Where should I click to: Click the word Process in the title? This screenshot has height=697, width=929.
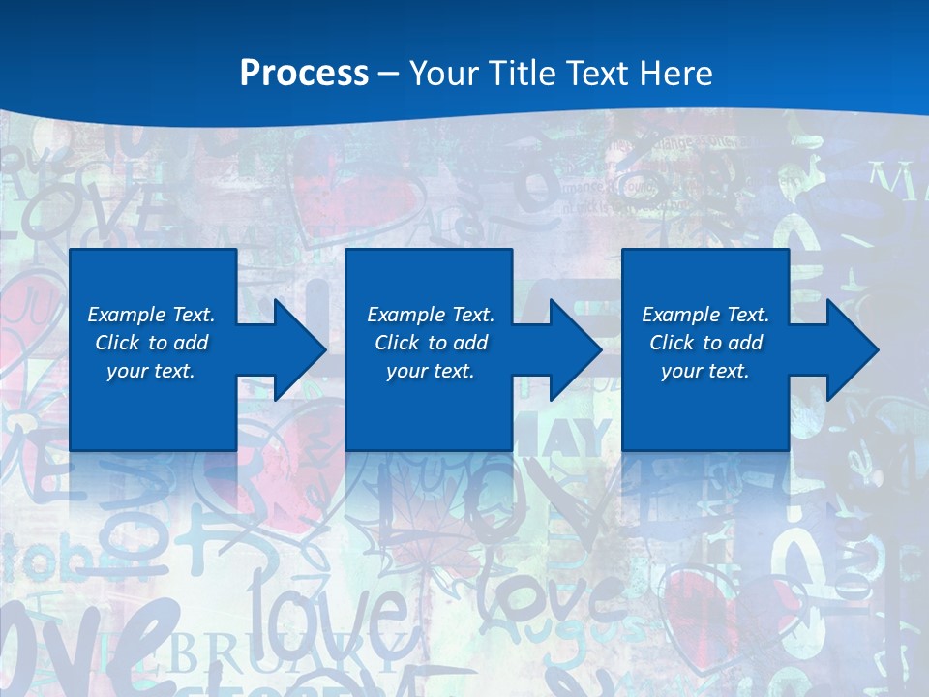tap(304, 74)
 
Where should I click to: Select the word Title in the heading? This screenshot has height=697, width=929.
tap(520, 74)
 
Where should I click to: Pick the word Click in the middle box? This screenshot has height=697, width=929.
tap(396, 343)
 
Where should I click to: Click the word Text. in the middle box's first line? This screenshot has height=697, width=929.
tap(471, 315)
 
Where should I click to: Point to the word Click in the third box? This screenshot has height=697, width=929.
tap(672, 343)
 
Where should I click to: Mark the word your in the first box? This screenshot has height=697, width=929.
tap(127, 371)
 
